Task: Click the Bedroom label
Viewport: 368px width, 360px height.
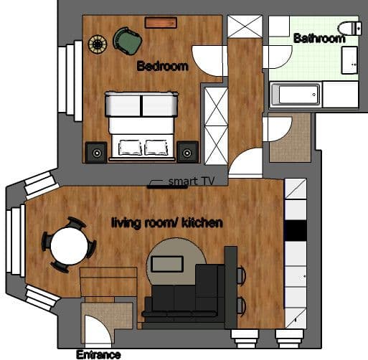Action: click(x=162, y=67)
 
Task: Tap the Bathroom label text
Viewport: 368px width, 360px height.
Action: click(x=319, y=38)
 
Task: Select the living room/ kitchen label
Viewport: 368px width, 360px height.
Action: click(x=166, y=223)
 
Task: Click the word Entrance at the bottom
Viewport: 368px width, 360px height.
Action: click(x=98, y=354)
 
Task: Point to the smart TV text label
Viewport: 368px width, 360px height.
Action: click(x=188, y=181)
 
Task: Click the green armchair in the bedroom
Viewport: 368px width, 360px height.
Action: click(x=128, y=41)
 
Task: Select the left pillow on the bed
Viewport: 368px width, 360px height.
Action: click(x=130, y=147)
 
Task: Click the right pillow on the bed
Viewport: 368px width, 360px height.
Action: click(x=156, y=147)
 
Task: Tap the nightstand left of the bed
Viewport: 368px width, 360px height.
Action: click(x=95, y=153)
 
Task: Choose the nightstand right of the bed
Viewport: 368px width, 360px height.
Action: click(x=187, y=153)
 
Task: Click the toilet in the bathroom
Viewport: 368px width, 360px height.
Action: click(x=350, y=29)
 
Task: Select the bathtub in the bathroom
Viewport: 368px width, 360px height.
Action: click(x=296, y=95)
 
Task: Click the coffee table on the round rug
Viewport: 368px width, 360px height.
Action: click(x=167, y=263)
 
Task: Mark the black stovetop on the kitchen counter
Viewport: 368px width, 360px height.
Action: click(x=295, y=231)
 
